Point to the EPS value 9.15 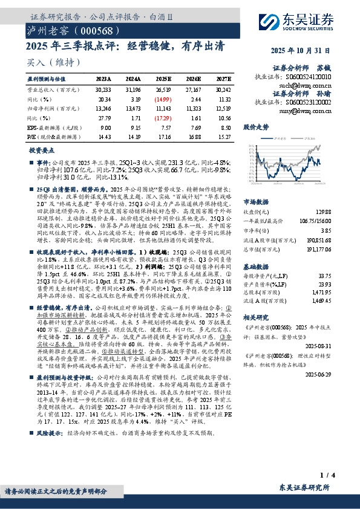pyautogui.click(x=133, y=128)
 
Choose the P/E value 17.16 pyautogui.click(x=163, y=138)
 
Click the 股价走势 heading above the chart pyautogui.click(x=256, y=128)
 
